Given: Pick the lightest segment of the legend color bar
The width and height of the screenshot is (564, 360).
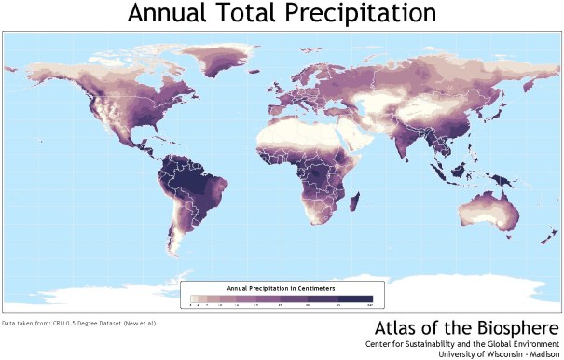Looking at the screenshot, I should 194,298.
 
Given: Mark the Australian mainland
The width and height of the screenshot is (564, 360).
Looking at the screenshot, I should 485,210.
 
